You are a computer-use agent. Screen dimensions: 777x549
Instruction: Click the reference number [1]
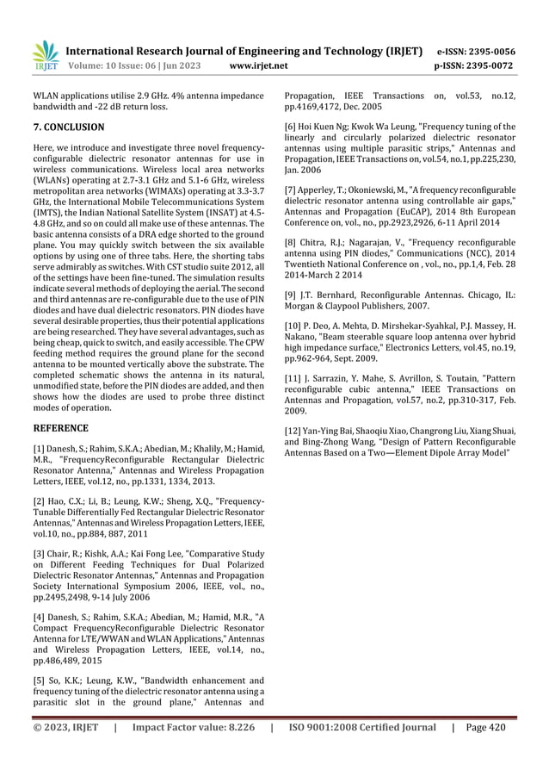pyautogui.click(x=39, y=451)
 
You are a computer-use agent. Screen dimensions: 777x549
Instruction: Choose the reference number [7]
pyautogui.click(x=293, y=189)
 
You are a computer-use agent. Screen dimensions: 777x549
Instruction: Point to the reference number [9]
pyautogui.click(x=293, y=295)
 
